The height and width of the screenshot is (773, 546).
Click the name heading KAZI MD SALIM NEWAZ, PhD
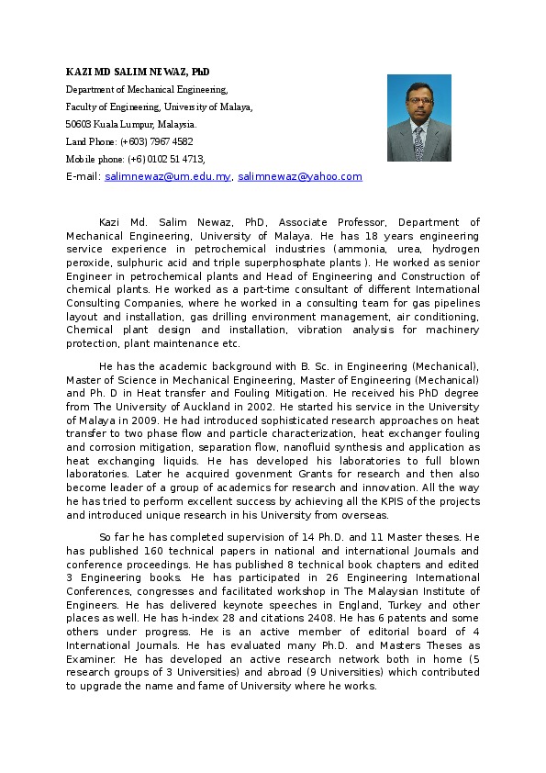click(137, 72)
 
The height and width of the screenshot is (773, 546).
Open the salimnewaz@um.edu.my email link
click(167, 176)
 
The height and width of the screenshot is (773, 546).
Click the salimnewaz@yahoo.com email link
click(299, 176)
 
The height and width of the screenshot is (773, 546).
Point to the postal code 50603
click(78, 124)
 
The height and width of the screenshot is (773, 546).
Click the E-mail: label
click(83, 176)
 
